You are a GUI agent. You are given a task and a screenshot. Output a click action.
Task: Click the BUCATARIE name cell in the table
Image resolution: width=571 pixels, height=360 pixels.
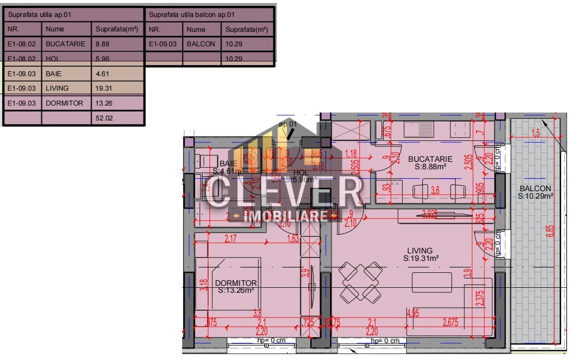(66, 44)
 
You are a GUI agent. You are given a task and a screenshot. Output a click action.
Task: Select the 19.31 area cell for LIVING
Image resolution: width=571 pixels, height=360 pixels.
(117, 88)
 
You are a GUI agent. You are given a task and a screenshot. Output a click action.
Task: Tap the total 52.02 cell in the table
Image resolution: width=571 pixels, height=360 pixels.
(117, 119)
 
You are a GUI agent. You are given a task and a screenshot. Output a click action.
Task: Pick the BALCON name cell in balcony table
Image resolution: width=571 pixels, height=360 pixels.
(201, 44)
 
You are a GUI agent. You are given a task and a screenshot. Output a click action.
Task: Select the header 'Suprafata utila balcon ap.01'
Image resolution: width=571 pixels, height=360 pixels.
(209, 14)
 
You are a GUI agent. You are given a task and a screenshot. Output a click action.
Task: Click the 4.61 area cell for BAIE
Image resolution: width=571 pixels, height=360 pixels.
(117, 74)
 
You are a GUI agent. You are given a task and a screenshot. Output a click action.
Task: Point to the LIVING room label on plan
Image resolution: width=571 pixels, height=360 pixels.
(420, 250)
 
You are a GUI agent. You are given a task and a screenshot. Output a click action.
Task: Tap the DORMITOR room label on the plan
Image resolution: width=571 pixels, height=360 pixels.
(236, 283)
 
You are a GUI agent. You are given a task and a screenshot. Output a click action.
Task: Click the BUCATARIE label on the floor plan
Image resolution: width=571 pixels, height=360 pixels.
(430, 159)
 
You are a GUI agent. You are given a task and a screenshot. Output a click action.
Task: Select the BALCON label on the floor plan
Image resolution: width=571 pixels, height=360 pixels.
(535, 188)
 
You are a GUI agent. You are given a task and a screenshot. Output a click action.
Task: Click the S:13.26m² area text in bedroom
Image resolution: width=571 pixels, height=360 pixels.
(236, 290)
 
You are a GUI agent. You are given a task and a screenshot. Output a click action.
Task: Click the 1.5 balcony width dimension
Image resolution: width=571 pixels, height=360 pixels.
(535, 133)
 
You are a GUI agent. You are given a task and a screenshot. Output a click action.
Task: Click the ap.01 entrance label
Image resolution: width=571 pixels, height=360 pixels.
(287, 123)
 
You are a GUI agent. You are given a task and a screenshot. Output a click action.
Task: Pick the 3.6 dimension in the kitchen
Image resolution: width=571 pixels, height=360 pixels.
(435, 190)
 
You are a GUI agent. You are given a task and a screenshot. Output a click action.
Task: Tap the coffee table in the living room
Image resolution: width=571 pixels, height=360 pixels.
(432, 282)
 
